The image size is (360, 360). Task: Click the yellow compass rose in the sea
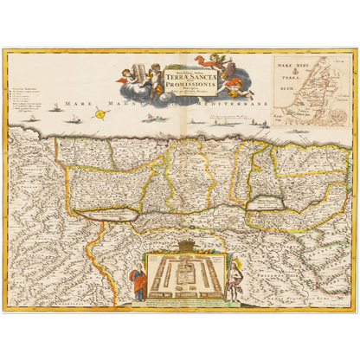click(x=101, y=112)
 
